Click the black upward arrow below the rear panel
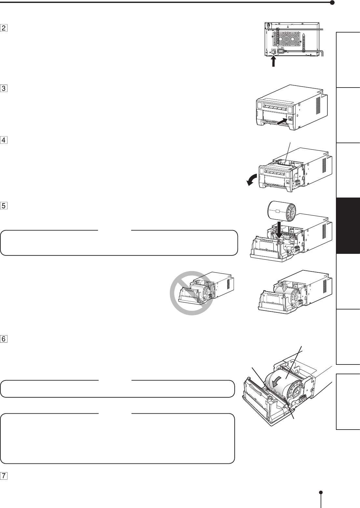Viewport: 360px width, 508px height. (274, 61)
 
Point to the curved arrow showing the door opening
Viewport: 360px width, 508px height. (252, 180)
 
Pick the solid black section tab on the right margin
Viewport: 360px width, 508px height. (349, 226)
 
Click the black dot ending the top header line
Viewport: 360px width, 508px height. (332, 3)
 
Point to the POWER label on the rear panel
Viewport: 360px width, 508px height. (273, 49)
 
